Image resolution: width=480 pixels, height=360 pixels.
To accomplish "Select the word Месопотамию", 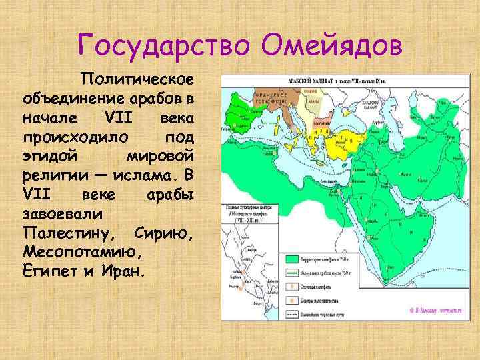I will (83, 253).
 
